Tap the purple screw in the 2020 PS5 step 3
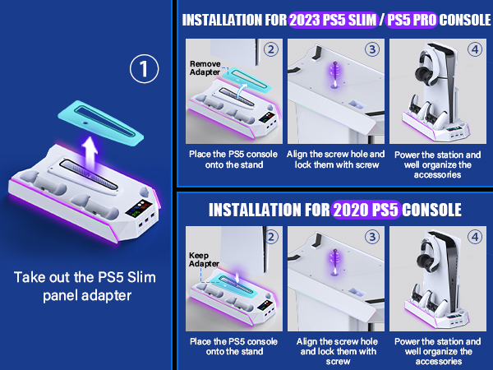click(334, 262)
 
